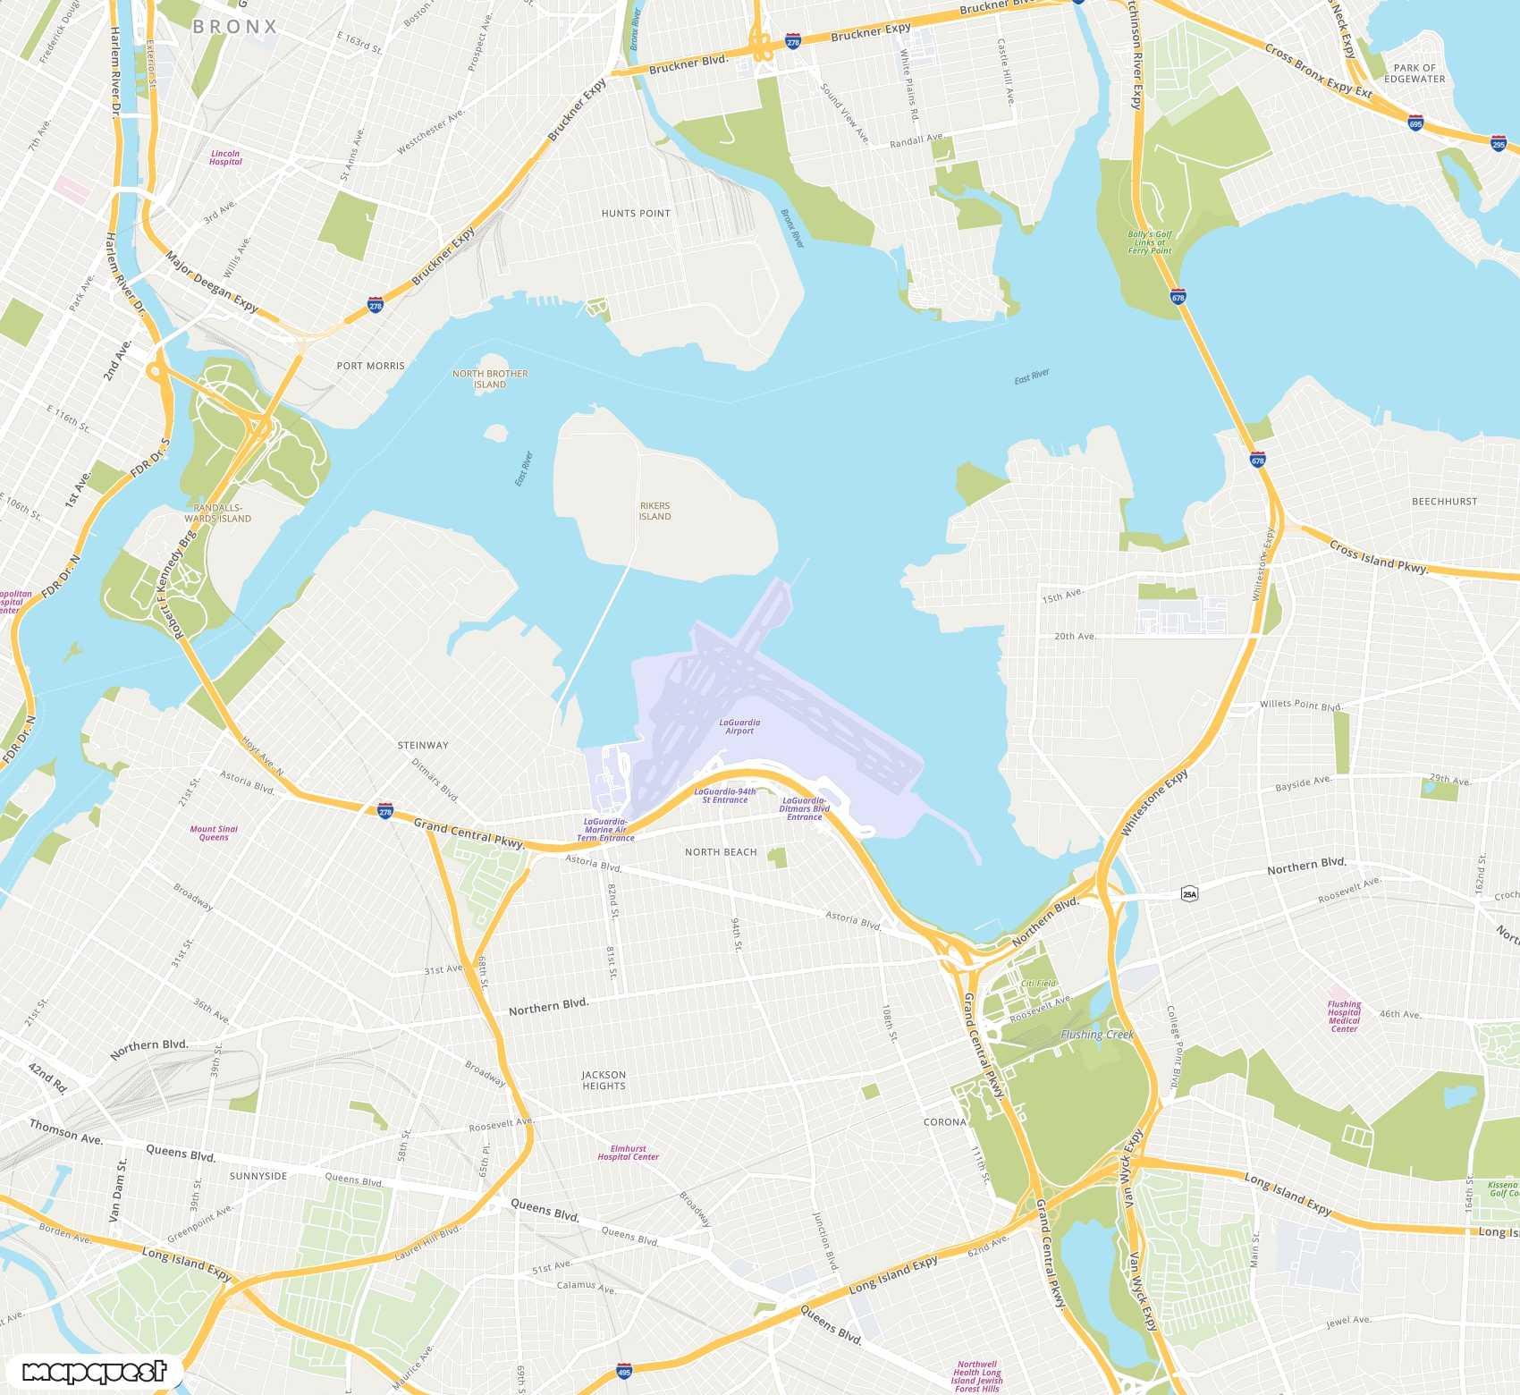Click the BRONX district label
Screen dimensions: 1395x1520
(x=235, y=27)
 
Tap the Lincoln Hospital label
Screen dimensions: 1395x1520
(x=225, y=157)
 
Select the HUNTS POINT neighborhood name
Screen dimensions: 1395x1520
(x=636, y=214)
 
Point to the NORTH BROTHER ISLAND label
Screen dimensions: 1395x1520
(x=490, y=379)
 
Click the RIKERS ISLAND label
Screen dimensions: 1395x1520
(x=654, y=511)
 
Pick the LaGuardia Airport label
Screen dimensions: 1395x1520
(x=739, y=726)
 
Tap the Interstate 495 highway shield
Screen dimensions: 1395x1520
(x=624, y=1371)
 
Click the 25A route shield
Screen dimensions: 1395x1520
(x=1189, y=894)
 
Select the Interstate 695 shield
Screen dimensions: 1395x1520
(x=1415, y=123)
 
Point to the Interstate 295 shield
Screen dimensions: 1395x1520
(x=1499, y=143)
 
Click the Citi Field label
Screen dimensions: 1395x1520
(x=1039, y=983)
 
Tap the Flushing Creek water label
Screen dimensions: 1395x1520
(x=1097, y=1035)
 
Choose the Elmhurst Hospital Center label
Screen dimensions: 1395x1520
(x=628, y=1153)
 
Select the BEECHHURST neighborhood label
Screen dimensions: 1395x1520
(x=1444, y=502)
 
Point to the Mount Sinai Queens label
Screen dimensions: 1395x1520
(x=214, y=833)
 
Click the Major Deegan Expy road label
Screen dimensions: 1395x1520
(x=212, y=282)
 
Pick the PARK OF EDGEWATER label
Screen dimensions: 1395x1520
(x=1414, y=73)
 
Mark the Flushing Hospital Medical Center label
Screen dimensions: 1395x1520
(x=1344, y=1017)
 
